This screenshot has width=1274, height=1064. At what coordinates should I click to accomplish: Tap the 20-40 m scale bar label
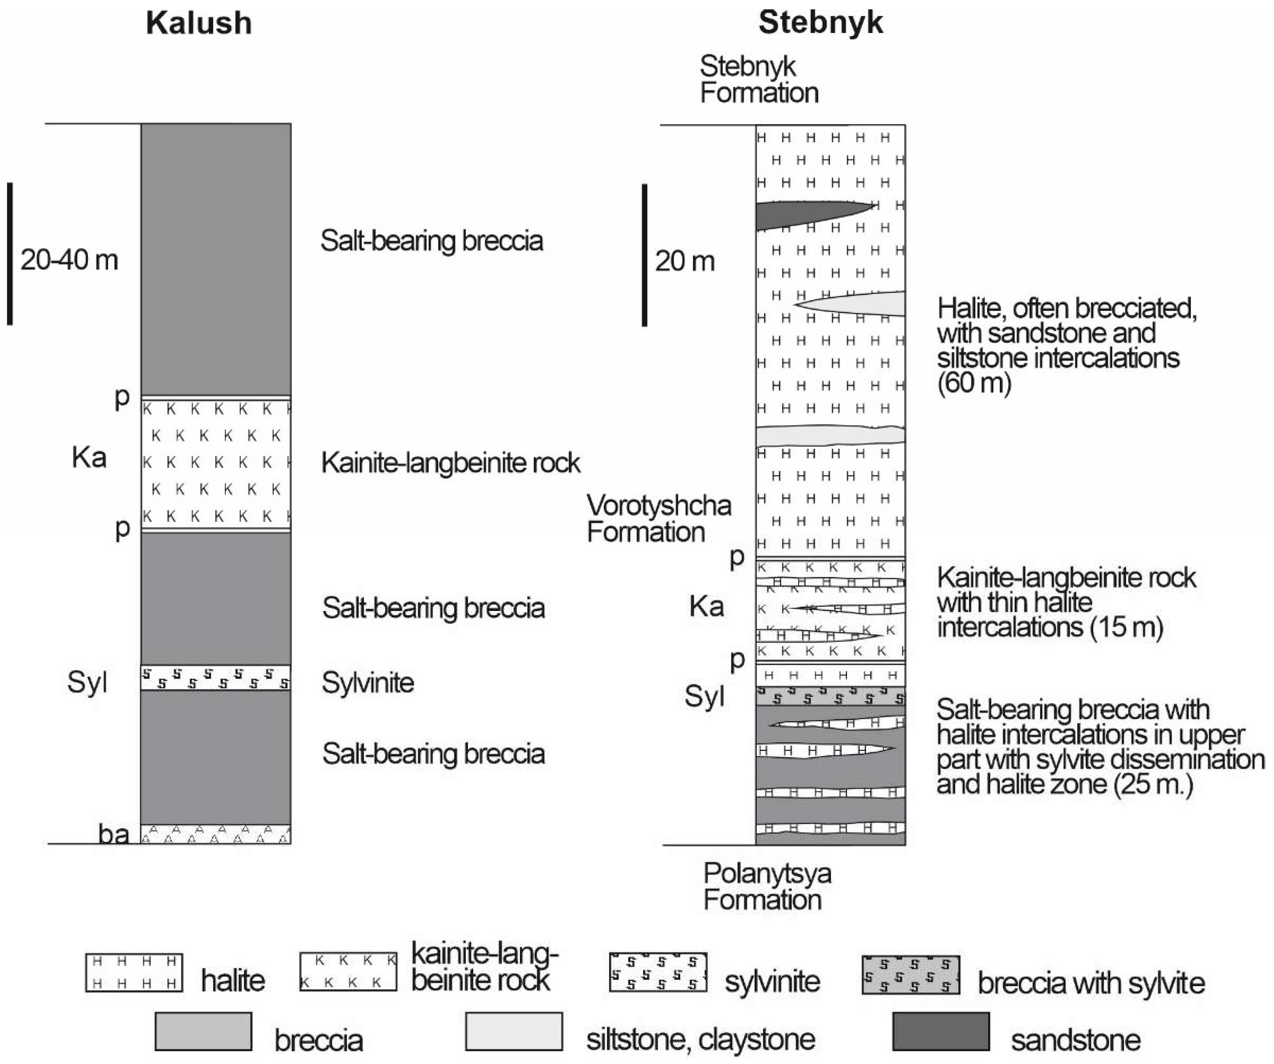tap(69, 260)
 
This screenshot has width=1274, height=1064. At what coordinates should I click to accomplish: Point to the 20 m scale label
tap(685, 261)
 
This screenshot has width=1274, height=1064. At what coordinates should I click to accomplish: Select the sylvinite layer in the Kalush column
tap(216, 677)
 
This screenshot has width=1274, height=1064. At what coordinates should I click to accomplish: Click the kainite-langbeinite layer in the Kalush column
tap(216, 462)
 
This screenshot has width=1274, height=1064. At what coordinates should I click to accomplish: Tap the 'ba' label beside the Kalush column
tap(114, 835)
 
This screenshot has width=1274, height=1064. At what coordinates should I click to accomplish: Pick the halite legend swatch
tap(134, 972)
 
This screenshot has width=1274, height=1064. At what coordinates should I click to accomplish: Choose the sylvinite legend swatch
tap(658, 972)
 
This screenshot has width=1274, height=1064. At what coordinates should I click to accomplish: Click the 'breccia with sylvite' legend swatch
tap(911, 974)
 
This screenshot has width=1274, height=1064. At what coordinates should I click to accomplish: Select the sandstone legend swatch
tap(941, 1031)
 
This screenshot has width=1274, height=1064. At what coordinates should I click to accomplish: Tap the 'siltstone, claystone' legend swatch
tap(514, 1031)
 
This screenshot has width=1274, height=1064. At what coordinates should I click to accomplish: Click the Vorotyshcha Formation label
tap(659, 519)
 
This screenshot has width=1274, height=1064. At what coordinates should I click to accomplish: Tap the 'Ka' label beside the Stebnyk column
tap(706, 606)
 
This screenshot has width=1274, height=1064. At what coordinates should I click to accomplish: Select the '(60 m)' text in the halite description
tap(974, 383)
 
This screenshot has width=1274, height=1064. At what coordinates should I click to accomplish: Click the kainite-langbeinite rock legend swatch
tap(348, 972)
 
